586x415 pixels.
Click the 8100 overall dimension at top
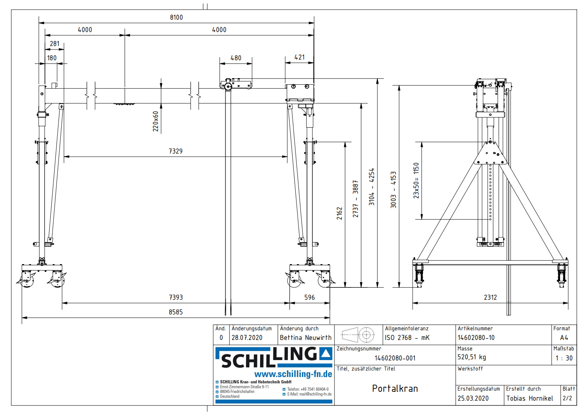(x=176, y=17)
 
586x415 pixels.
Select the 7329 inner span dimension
(x=175, y=151)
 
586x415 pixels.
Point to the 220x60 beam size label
(x=156, y=121)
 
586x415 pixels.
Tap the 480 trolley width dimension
(x=236, y=58)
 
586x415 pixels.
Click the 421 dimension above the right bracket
(x=300, y=57)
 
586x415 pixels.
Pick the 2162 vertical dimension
(x=339, y=213)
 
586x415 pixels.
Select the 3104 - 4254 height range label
(x=372, y=186)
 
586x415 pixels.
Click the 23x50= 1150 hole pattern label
(x=416, y=181)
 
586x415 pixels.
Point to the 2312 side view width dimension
(x=490, y=297)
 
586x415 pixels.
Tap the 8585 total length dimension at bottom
(x=175, y=312)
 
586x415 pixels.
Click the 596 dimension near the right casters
(x=309, y=297)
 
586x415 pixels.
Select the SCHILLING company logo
(x=274, y=357)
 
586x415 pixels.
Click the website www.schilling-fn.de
(x=293, y=374)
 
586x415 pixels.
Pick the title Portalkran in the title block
(x=395, y=389)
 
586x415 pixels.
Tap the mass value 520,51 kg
(x=471, y=357)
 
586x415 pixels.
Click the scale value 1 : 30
(x=564, y=358)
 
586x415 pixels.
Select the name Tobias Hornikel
(x=529, y=398)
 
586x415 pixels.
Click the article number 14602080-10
(x=476, y=338)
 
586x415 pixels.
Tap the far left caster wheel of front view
(x=26, y=282)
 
